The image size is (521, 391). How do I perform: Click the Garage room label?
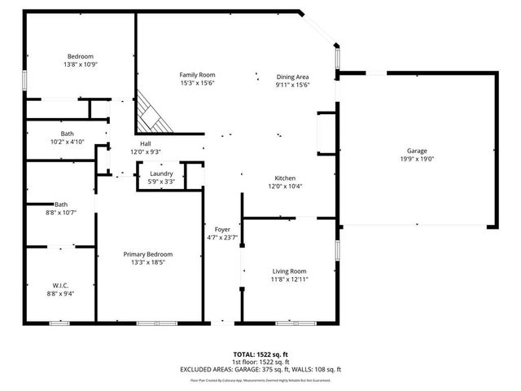coord(416,151)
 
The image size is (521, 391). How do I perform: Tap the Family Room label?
coord(197,75)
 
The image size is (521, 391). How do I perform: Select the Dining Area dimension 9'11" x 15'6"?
coord(292,85)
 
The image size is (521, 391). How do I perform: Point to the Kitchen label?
coord(284,178)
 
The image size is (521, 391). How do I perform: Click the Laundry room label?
coord(160,173)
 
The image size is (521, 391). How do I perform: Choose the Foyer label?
coord(222,230)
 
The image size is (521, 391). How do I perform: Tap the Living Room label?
coord(289,271)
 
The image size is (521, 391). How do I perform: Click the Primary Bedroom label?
coord(147,254)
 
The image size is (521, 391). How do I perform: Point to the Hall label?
coord(146,143)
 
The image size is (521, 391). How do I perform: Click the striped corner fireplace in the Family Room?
coord(153,114)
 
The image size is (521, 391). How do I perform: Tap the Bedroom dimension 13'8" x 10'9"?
coord(81,64)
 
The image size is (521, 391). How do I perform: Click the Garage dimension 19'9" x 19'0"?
coord(416,160)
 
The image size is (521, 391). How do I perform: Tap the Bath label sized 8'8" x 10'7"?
coord(61,213)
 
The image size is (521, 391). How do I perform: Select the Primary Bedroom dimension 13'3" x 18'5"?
coord(147,263)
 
